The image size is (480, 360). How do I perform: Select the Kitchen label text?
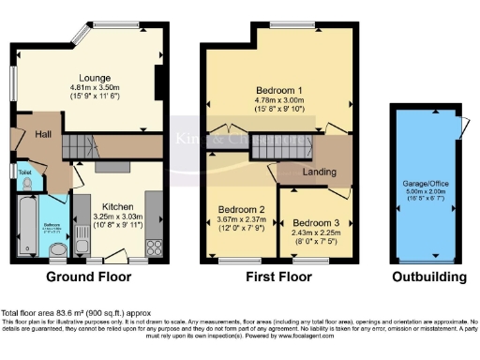click(118, 206)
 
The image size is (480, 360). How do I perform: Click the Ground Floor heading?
click(90, 277)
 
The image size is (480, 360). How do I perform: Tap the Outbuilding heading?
click(428, 277)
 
